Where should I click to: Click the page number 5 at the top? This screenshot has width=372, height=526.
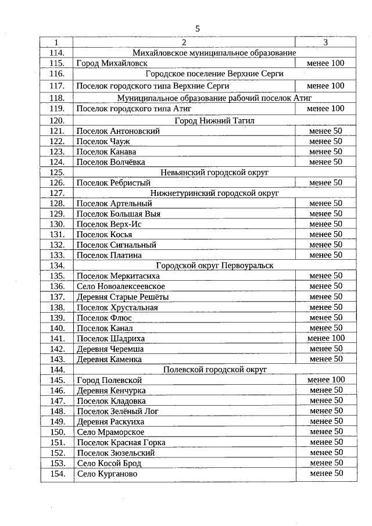197,28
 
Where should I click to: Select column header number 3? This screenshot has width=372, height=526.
325,42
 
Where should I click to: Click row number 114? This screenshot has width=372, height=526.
56,53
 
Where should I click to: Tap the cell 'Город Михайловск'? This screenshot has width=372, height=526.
112,63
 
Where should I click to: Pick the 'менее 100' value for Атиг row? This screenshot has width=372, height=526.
325,109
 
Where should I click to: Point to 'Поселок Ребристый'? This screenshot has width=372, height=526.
113,183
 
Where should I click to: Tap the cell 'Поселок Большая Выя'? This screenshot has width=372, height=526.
119,214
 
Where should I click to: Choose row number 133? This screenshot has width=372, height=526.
56,255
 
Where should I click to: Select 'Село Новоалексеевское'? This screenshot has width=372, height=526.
120,287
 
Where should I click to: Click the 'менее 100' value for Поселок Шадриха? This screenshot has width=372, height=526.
325,338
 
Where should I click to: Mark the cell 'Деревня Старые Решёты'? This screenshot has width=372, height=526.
123,297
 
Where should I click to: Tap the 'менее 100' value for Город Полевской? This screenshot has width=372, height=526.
325,380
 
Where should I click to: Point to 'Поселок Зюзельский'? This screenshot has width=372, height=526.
115,453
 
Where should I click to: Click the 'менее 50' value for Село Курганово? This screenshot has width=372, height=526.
325,474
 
